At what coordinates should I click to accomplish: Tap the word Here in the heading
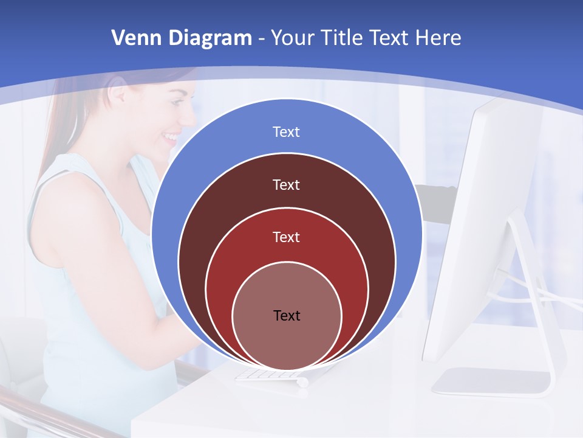(x=438, y=38)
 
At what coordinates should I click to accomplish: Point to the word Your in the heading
(x=293, y=38)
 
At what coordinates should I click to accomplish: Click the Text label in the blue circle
(x=286, y=132)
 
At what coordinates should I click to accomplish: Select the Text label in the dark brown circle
(x=286, y=184)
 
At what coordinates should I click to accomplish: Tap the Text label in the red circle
(x=286, y=237)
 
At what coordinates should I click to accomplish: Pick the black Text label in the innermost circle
(x=287, y=315)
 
